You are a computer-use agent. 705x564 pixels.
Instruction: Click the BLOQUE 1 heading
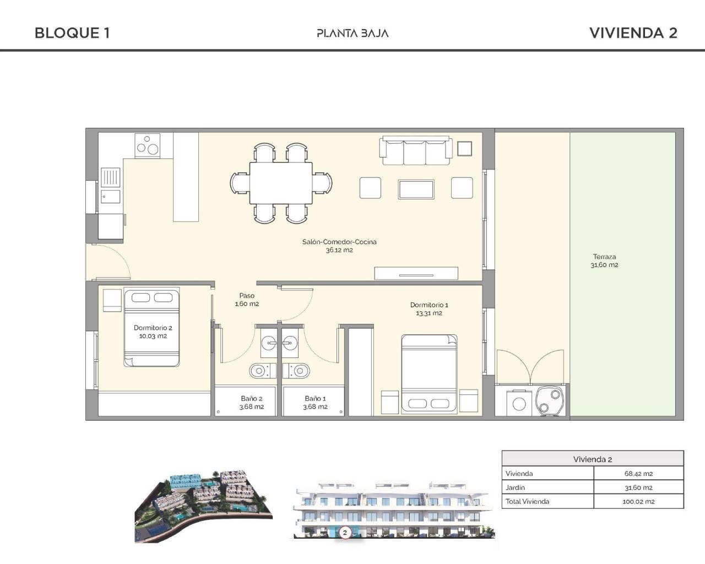72,33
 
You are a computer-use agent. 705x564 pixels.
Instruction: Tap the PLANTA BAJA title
352,33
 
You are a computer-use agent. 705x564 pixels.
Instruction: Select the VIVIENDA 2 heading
633,33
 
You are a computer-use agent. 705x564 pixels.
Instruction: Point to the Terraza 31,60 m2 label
604,261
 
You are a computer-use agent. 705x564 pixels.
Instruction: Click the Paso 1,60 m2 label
247,300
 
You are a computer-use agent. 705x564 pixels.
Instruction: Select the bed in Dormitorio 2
152,328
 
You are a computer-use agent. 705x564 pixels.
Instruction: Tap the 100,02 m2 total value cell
638,502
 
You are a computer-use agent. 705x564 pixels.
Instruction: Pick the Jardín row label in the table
516,487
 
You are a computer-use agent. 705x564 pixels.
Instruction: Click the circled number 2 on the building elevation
345,533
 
